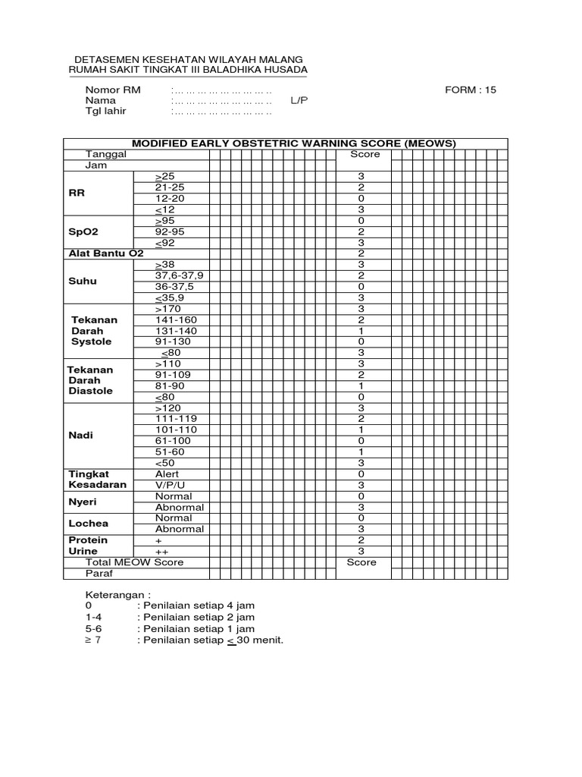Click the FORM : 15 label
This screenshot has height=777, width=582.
470,90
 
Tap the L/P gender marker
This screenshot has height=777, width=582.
299,100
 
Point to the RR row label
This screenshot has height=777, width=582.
77,193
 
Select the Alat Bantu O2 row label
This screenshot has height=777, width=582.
102,253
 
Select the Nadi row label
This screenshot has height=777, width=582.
80,436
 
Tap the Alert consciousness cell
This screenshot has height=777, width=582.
167,473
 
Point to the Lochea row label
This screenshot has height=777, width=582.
88,524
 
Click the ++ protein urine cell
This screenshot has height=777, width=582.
161,551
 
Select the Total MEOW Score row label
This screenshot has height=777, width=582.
134,562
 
